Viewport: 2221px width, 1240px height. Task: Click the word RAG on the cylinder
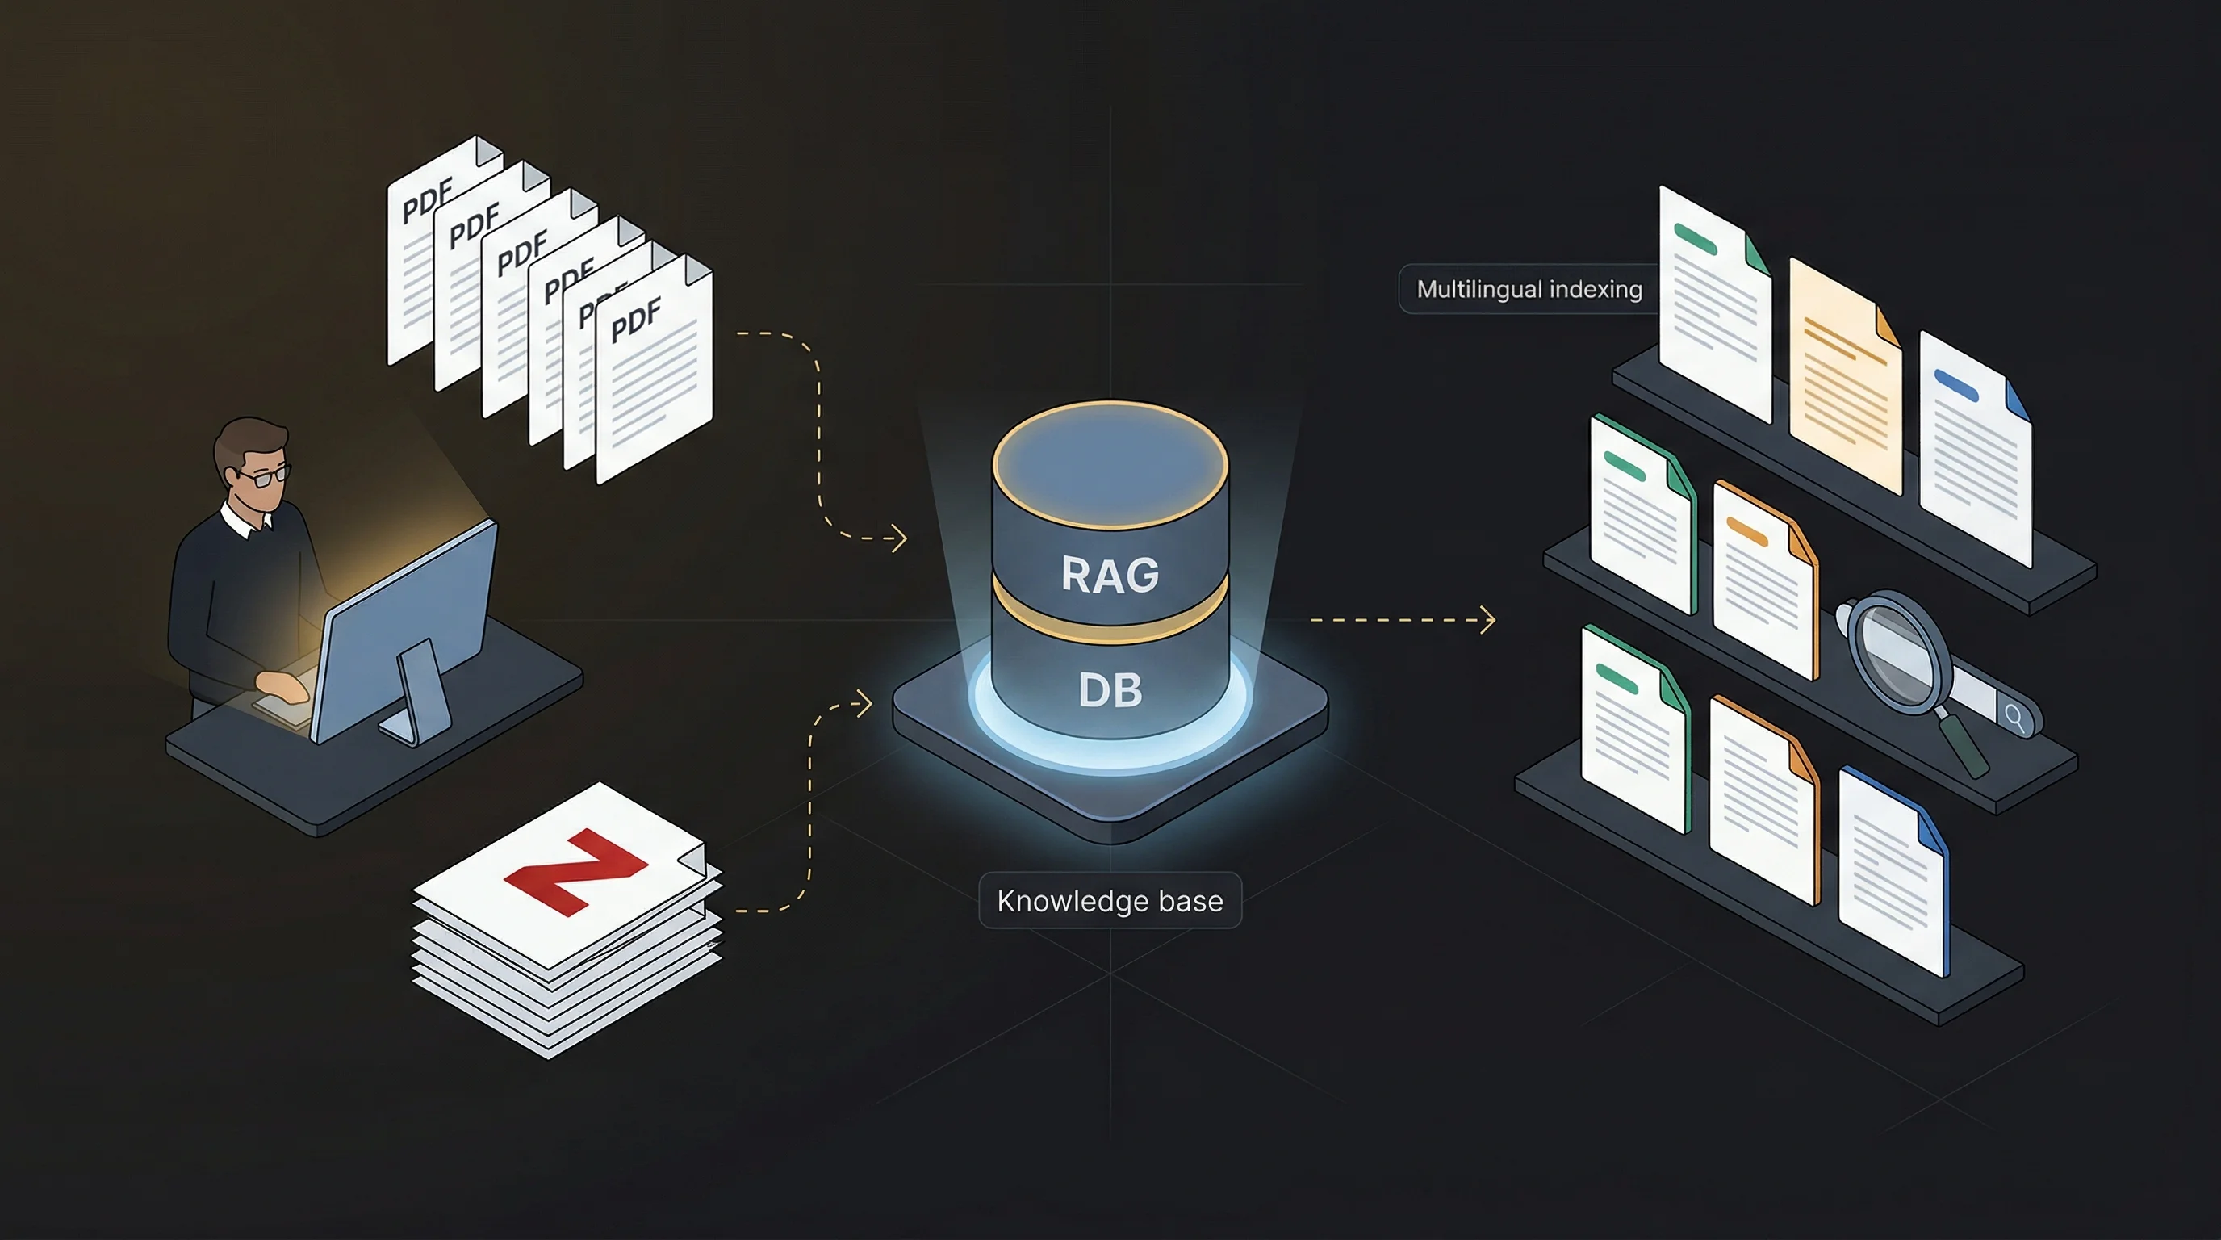pyautogui.click(x=1110, y=574)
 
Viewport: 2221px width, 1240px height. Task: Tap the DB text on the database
pyautogui.click(x=1110, y=690)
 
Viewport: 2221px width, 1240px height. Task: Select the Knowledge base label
pyautogui.click(x=1110, y=900)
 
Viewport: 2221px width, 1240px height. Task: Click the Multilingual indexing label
pyautogui.click(x=1529, y=289)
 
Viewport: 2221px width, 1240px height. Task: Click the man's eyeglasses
pyautogui.click(x=266, y=475)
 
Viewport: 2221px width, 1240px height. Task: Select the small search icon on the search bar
pyautogui.click(x=2015, y=717)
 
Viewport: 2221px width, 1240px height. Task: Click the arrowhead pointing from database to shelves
pyautogui.click(x=1489, y=619)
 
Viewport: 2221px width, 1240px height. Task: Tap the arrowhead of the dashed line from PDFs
pyautogui.click(x=899, y=538)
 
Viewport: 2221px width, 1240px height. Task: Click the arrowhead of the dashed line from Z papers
pyautogui.click(x=865, y=704)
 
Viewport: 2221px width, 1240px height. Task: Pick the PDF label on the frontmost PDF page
pyautogui.click(x=636, y=319)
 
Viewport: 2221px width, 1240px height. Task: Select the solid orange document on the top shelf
pyautogui.click(x=1845, y=379)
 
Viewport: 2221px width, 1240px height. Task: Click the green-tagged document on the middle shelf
pyautogui.click(x=1641, y=517)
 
